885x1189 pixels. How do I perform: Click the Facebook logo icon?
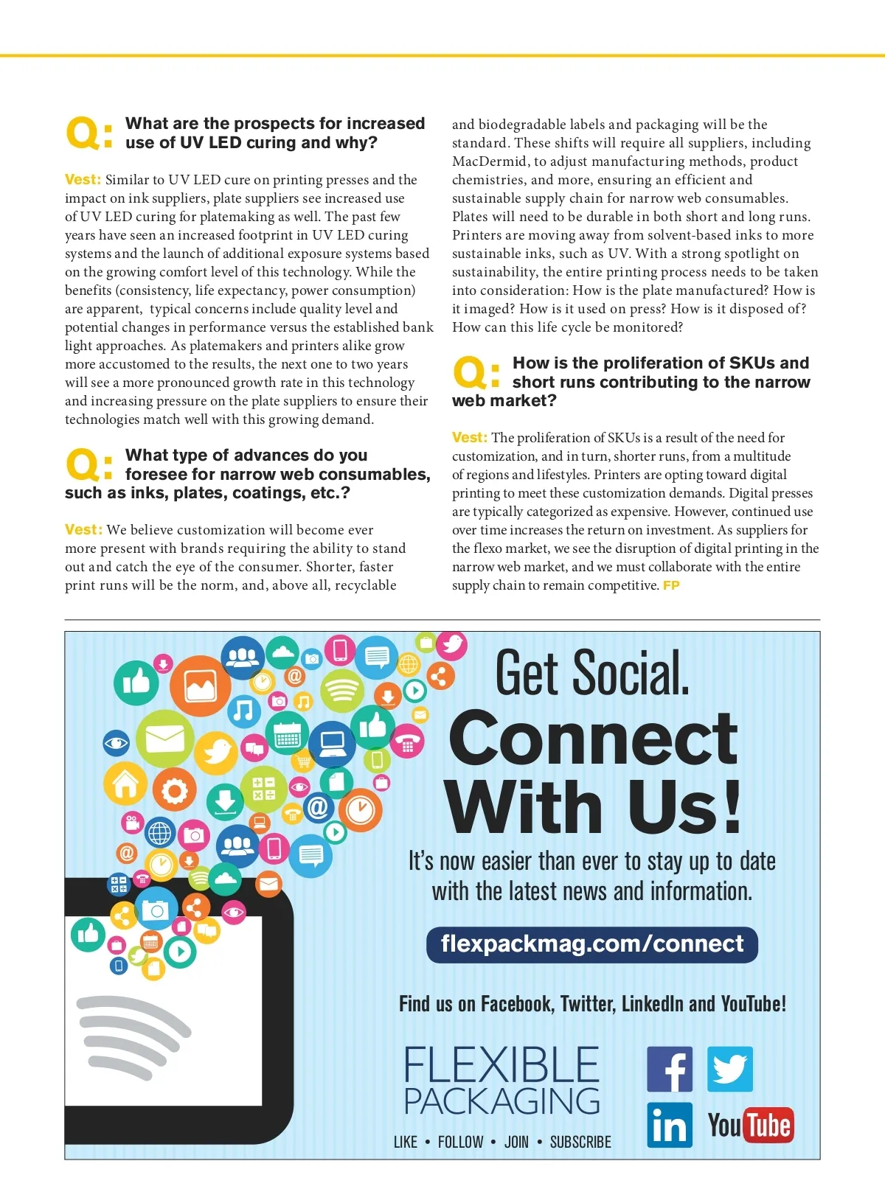click(x=670, y=1069)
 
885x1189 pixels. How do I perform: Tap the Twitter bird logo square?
click(x=730, y=1069)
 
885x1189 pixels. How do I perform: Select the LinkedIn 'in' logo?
click(x=670, y=1125)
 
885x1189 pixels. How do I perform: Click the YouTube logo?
click(x=751, y=1126)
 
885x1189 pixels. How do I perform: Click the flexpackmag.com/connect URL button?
click(x=592, y=944)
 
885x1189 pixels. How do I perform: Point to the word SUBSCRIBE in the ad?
click(x=580, y=1142)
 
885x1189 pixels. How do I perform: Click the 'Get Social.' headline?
click(x=592, y=673)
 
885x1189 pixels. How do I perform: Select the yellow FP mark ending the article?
click(x=671, y=585)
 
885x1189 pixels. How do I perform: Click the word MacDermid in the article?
click(x=487, y=161)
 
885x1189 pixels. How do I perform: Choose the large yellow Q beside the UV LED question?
click(x=83, y=133)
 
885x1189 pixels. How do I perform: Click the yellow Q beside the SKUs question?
click(x=471, y=373)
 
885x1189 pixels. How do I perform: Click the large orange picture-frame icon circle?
click(x=201, y=686)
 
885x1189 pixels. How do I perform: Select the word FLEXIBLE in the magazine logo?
click(x=502, y=1065)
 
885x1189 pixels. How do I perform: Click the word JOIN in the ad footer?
click(x=516, y=1142)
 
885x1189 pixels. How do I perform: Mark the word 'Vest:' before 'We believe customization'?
click(x=83, y=530)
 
